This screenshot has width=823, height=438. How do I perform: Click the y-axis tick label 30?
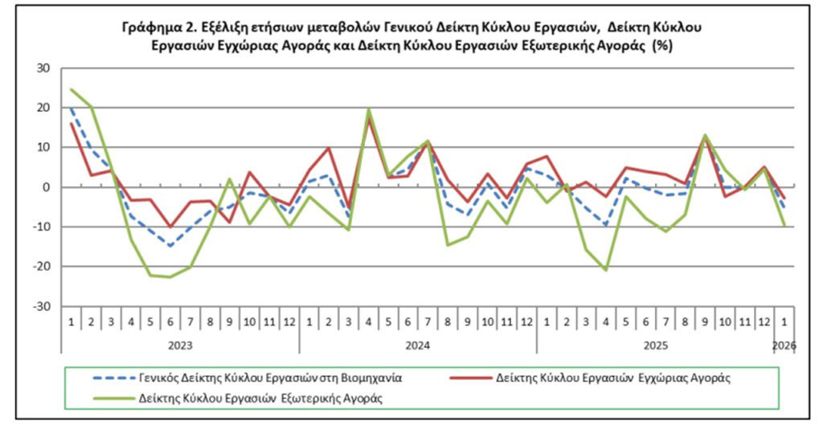pyautogui.click(x=42, y=68)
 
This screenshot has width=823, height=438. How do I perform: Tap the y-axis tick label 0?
pyautogui.click(x=46, y=187)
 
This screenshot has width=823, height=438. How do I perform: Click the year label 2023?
pyautogui.click(x=180, y=345)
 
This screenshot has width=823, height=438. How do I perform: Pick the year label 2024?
pyautogui.click(x=418, y=345)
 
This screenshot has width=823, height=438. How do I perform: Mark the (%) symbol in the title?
pyautogui.click(x=662, y=46)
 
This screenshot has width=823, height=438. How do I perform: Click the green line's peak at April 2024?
pyautogui.click(x=368, y=108)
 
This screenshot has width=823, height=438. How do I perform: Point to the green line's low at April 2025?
pyautogui.click(x=606, y=270)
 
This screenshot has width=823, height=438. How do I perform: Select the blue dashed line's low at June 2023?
pyautogui.click(x=170, y=246)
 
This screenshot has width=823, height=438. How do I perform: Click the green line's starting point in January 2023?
pyautogui.click(x=72, y=89)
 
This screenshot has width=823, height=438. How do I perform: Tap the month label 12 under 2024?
pyautogui.click(x=526, y=321)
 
